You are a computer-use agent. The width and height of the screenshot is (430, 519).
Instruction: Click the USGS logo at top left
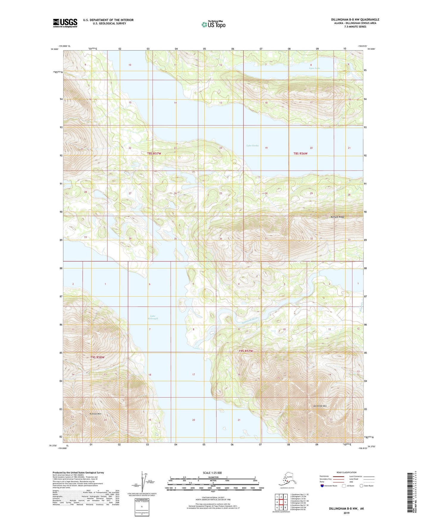pos(65,23)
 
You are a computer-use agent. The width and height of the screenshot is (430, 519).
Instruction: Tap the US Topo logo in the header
pos(213,24)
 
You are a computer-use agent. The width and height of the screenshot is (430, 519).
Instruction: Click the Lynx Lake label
pos(314,68)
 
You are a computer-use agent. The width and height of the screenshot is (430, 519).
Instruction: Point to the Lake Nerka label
pos(252,146)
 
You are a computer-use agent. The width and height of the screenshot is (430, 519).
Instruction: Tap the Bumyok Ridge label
pos(337,217)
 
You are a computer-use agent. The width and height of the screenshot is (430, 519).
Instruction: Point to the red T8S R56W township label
pos(300,153)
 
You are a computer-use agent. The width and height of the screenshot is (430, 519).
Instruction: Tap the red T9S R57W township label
pos(246,351)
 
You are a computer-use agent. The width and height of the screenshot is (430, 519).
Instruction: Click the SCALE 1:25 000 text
pos(212,473)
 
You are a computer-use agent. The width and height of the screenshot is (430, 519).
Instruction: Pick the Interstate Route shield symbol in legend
pos(322,486)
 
